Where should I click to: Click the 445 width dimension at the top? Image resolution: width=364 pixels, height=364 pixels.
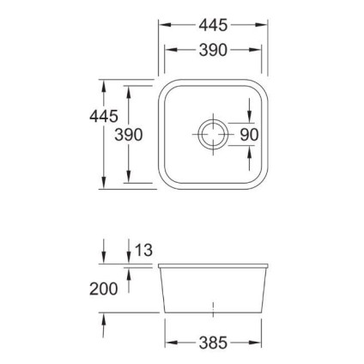coord(212,25)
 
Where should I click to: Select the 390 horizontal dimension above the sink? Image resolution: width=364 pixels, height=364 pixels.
coord(212,51)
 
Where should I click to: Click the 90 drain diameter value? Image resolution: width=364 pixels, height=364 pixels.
coord(249,135)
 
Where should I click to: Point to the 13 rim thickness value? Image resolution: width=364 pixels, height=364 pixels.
coord(143,251)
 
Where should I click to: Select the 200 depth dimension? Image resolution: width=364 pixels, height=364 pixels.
coord(103,289)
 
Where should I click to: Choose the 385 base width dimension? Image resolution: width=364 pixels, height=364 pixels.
coord(212,343)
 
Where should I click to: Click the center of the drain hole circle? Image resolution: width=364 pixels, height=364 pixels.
coord(212,134)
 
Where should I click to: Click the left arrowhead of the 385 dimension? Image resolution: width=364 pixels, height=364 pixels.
coord(168,343)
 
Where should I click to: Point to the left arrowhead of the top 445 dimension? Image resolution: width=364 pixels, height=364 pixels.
coord(162,25)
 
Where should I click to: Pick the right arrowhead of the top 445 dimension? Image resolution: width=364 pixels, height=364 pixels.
coord(263,25)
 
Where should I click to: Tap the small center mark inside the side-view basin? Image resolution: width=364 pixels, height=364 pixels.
coord(212,306)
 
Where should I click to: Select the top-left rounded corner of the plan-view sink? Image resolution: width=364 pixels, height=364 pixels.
coord(168,88)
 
